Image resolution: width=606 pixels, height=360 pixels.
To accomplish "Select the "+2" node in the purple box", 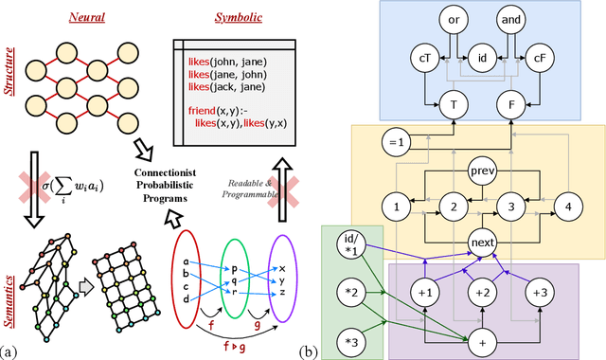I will (x=482, y=291).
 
